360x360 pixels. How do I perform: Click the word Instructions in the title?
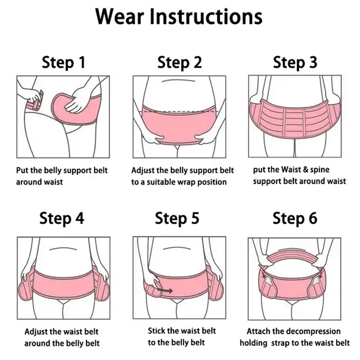(206, 16)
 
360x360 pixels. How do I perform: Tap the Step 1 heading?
(63, 62)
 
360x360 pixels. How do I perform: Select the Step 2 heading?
(180, 62)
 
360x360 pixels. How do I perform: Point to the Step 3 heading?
(295, 62)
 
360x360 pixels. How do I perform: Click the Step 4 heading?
(62, 218)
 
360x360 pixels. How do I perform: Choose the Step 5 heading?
(177, 218)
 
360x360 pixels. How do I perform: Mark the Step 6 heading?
(295, 218)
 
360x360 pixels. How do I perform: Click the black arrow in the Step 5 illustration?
(165, 291)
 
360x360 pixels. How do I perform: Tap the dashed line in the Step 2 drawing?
(180, 111)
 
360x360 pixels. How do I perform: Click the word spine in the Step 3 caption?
(320, 170)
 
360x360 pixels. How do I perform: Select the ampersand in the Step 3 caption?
(305, 169)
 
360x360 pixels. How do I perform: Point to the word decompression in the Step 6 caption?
(313, 332)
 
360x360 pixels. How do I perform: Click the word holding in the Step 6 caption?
(253, 343)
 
